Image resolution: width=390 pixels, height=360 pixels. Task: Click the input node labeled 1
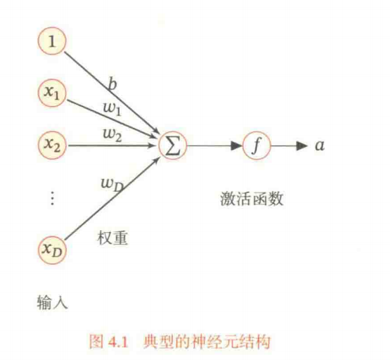(x=51, y=41)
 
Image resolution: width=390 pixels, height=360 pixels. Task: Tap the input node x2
(x=52, y=145)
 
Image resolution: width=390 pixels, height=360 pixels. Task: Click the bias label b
(x=112, y=83)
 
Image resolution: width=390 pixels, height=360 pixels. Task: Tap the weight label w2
(x=112, y=135)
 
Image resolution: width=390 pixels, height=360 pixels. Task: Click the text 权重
(x=112, y=238)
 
